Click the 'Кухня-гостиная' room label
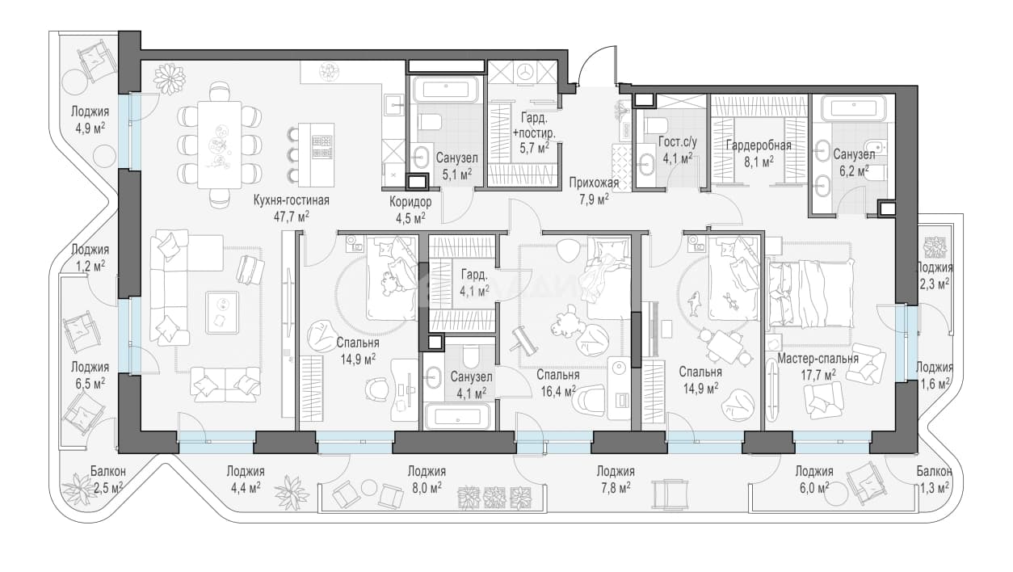coord(292,200)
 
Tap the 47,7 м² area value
coord(292,217)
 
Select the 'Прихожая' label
coord(593,183)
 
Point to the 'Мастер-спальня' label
coord(818,359)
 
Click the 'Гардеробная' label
coord(759,145)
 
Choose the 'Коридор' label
coord(410,202)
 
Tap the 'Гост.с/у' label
coord(678,142)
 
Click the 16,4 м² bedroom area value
coord(558,391)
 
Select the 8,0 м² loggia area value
coord(426,488)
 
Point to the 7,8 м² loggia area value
coord(615,488)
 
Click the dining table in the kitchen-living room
coord(220,145)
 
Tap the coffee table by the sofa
coord(221,313)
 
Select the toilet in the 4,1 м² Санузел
coord(470,356)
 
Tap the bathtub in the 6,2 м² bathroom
coord(852,109)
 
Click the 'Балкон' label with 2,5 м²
coord(107,471)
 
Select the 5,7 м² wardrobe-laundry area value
coord(535,149)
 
